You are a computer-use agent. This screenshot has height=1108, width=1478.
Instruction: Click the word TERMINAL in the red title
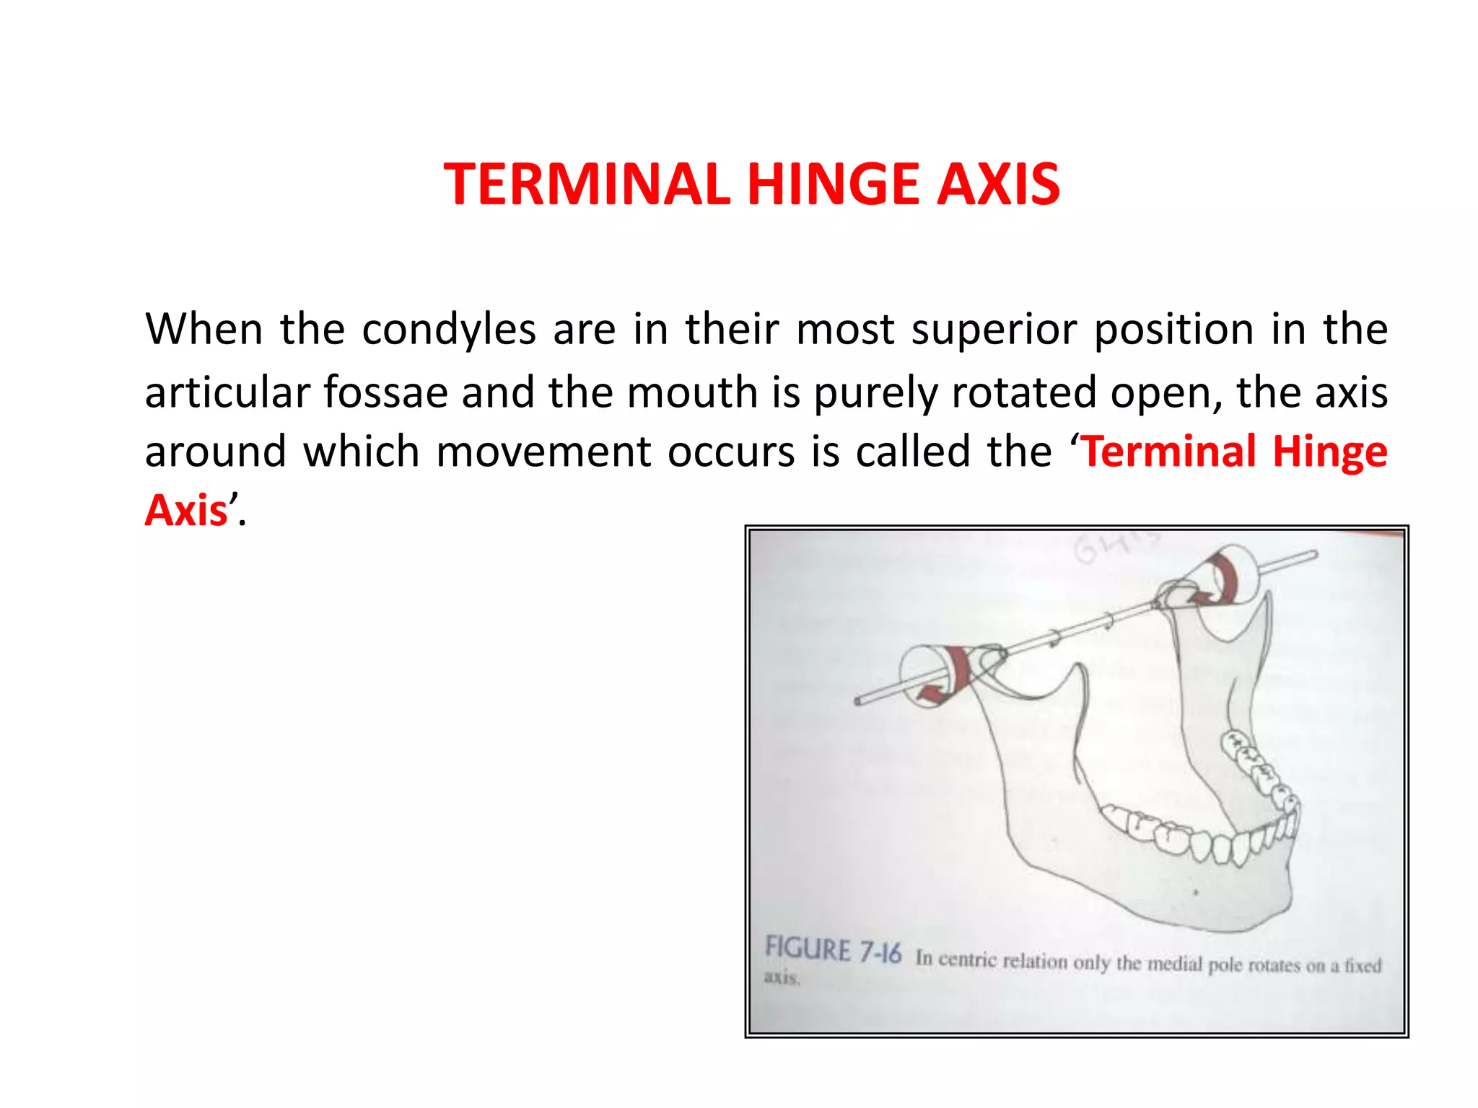tap(587, 184)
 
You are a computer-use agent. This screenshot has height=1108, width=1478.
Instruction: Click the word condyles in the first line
tap(448, 330)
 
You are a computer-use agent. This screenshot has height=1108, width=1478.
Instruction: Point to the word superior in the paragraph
tap(994, 330)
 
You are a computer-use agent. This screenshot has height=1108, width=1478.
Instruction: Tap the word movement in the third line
tap(543, 452)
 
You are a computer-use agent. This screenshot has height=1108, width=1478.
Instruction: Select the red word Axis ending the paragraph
tap(186, 511)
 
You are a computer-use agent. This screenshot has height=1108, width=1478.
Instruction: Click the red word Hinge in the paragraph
tap(1329, 452)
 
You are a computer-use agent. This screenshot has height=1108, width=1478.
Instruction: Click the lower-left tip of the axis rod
tap(858, 700)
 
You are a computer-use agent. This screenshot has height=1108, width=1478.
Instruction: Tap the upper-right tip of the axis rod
tap(1313, 555)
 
